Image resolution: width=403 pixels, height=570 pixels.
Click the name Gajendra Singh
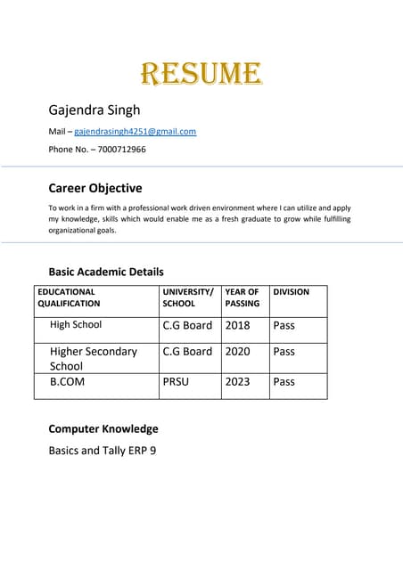coord(94,110)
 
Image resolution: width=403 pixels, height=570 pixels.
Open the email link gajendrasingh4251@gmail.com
coord(135,132)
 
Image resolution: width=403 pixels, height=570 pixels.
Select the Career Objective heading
coord(95,189)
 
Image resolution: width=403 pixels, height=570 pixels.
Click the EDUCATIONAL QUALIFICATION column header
coord(69,297)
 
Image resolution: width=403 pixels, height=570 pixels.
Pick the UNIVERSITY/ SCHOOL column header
coord(187,297)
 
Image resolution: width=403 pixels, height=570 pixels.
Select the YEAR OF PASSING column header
coord(242,297)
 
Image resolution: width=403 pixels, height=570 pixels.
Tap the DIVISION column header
coord(292,291)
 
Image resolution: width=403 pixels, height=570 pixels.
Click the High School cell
coord(76,325)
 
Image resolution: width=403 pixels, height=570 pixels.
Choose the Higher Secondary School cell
coord(93,358)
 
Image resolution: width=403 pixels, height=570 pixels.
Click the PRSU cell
coord(176,382)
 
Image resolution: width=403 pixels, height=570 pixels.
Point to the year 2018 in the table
coord(238,325)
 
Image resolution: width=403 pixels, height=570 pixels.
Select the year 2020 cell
coord(238,352)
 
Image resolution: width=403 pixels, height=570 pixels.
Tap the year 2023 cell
coord(238,382)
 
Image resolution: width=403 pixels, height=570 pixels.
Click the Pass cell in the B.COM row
coord(284,382)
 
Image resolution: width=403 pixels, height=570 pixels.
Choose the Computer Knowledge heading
coord(103,428)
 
